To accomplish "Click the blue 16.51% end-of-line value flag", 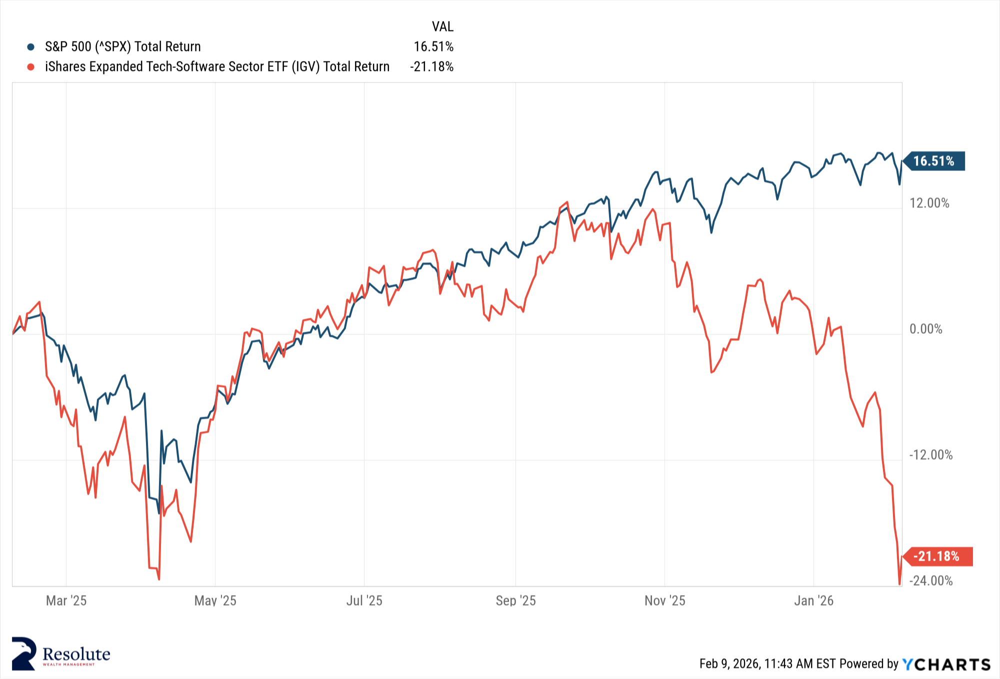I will tap(934, 161).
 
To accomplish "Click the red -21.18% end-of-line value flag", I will tap(937, 556).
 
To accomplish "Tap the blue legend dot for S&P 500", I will tap(31, 47).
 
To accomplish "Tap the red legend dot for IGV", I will tap(31, 67).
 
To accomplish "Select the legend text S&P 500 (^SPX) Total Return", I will tap(122, 47).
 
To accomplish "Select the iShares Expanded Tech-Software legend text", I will tap(217, 67).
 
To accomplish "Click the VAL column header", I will tap(442, 26).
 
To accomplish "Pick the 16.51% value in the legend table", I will tap(433, 47).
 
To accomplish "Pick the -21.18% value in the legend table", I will tap(431, 67).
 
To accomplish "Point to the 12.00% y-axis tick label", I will tap(929, 203).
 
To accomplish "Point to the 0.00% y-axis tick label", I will tap(925, 329).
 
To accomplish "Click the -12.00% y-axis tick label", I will tap(930, 455).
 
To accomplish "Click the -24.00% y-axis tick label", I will tap(930, 581).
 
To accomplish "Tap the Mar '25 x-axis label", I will tap(66, 601).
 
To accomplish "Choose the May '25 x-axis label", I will tap(215, 601).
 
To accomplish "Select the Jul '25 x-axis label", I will tap(364, 601).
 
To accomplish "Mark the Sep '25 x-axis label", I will tap(515, 601).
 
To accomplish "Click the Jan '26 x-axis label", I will tap(813, 601).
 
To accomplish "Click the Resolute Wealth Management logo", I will tap(60, 654).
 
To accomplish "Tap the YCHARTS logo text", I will tap(946, 664).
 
